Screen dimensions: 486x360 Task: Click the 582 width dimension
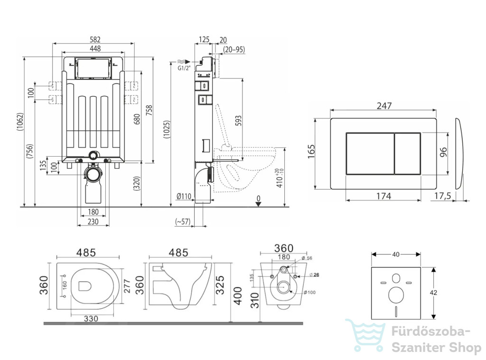tap(95, 39)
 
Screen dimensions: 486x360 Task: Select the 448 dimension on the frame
tap(95, 48)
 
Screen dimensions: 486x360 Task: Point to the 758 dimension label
tap(149, 111)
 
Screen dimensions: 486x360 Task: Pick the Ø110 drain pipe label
tap(184, 196)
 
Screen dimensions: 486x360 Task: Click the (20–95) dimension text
tap(234, 49)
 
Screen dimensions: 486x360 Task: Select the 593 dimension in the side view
tap(238, 121)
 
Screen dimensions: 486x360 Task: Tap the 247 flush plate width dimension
tap(384, 106)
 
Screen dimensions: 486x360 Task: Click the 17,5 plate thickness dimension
tap(442, 196)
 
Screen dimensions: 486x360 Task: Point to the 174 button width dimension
tap(383, 196)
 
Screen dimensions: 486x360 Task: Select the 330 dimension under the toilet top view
tap(91, 319)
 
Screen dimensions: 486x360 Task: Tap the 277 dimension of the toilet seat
tap(127, 286)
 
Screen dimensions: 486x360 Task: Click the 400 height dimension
tap(238, 296)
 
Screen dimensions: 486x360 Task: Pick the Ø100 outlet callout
tap(309, 293)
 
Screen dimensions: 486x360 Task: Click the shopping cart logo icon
tap(365, 335)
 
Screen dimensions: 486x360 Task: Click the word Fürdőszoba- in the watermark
tap(431, 332)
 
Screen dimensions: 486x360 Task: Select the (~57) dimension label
tap(183, 221)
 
